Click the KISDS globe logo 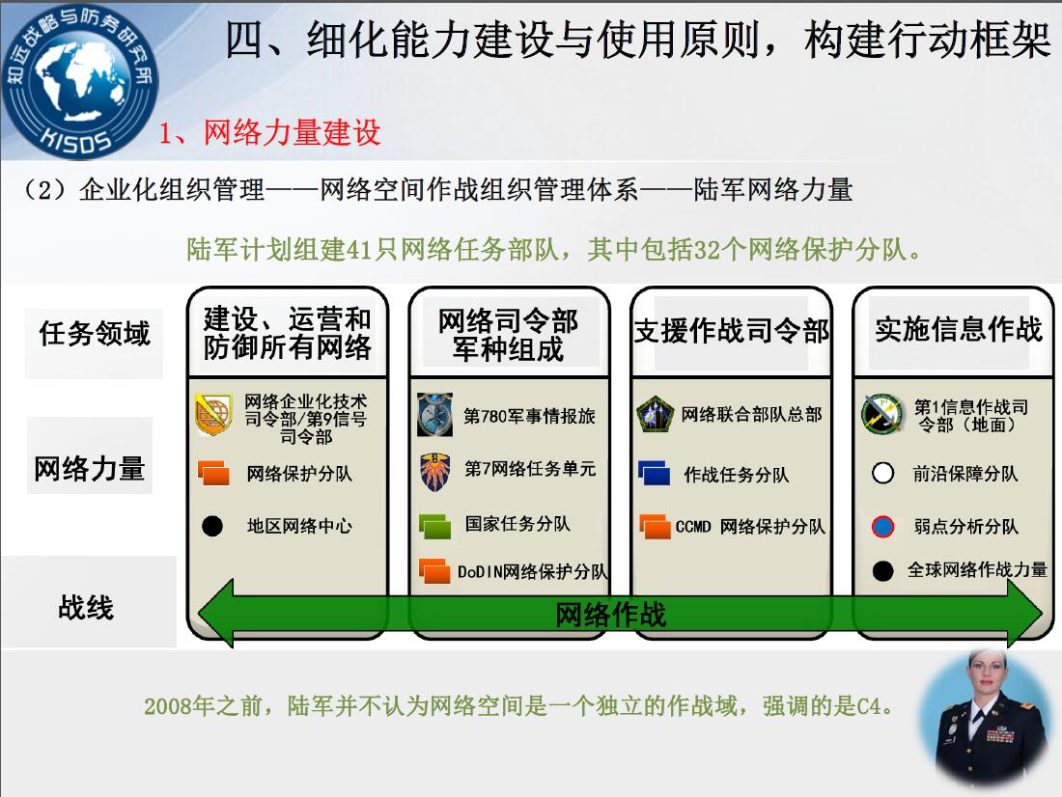pos(79,81)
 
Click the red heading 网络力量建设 pos(293,132)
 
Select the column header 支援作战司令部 pos(732,331)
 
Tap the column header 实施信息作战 pos(959,329)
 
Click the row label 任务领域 pos(95,334)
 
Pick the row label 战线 pos(86,607)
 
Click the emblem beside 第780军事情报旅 pos(434,414)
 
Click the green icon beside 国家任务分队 pos(434,526)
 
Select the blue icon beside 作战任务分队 pos(655,473)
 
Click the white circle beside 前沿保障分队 pos(883,473)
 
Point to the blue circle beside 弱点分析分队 pos(883,526)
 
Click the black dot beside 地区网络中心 pos(212,526)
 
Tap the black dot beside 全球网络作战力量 pos(883,571)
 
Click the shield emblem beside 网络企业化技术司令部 pos(213,414)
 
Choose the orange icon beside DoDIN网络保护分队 pos(434,571)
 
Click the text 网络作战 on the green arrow pos(610,615)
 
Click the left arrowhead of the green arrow pos(215,614)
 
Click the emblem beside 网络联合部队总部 pos(655,414)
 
